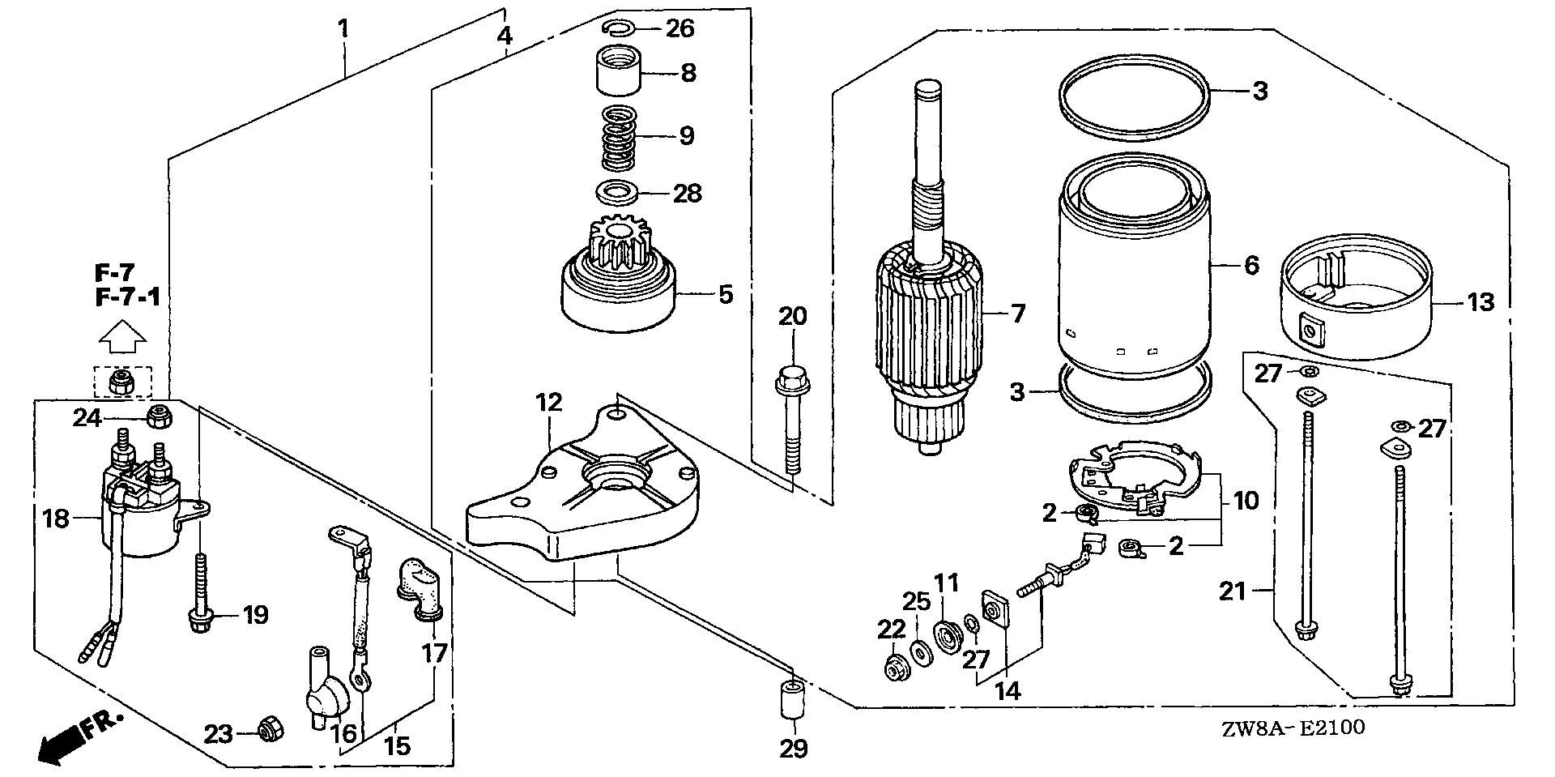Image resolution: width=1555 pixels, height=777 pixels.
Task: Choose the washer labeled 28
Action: tap(616, 194)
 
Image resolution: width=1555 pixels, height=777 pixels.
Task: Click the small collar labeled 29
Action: tap(790, 700)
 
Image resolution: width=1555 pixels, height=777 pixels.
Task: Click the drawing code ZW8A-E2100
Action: tap(1295, 728)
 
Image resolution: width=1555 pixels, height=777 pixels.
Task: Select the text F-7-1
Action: tap(127, 297)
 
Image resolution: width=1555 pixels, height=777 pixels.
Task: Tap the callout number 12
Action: tap(547, 403)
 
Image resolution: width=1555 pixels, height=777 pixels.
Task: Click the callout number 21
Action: tap(1233, 591)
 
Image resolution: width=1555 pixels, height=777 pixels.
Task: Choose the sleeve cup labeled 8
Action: tap(620, 71)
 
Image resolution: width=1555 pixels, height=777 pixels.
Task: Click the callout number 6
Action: tap(1252, 265)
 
